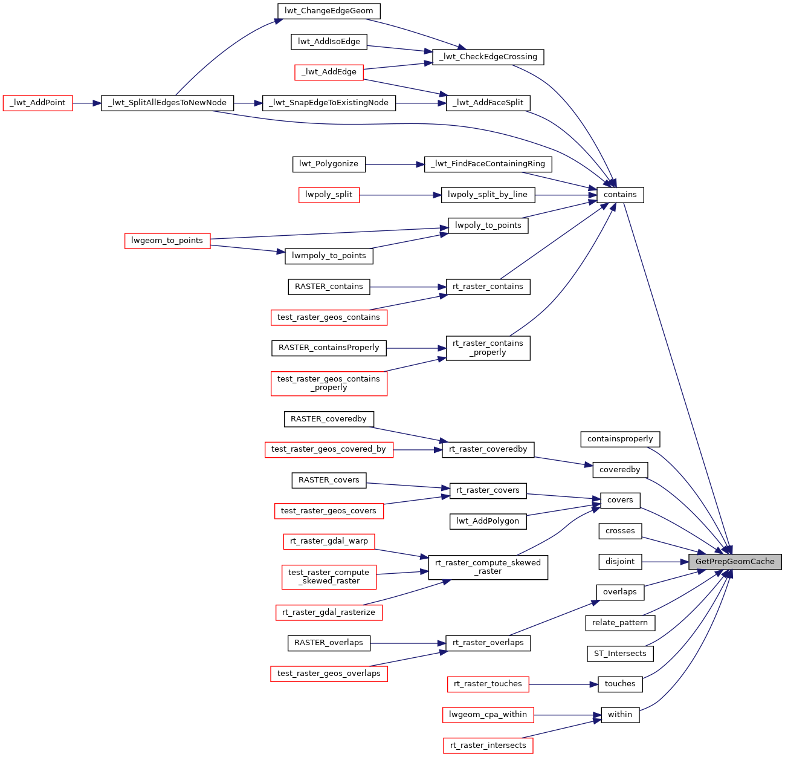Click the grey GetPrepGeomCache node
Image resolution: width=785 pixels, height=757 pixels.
coord(735,562)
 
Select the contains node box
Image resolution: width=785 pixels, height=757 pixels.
coord(620,195)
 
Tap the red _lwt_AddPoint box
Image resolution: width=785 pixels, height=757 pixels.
coord(37,103)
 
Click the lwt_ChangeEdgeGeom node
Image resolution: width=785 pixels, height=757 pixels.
coord(329,10)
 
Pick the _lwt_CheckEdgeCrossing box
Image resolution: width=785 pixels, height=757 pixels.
coord(488,57)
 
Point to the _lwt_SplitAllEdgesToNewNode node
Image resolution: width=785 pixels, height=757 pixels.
coord(167,103)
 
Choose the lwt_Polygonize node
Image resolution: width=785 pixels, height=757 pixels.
coord(329,164)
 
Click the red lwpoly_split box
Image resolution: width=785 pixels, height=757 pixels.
coord(329,195)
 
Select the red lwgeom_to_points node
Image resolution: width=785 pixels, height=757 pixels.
coord(167,241)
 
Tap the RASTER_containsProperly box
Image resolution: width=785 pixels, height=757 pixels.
coord(329,348)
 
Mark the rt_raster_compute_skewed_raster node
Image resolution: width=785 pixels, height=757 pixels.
coord(488,567)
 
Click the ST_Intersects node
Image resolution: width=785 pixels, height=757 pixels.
coord(620,654)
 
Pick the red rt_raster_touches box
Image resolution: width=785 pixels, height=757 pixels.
coord(488,684)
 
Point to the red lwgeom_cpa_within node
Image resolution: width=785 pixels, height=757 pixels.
coord(488,715)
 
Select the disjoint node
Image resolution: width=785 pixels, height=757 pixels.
coord(620,562)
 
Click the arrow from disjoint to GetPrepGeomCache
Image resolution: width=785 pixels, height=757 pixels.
coord(665,562)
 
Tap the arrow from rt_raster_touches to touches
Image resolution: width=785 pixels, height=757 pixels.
coord(562,684)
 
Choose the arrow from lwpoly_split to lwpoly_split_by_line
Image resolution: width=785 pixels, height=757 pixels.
coord(399,195)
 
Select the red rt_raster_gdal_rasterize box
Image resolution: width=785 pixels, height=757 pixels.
coord(329,612)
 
